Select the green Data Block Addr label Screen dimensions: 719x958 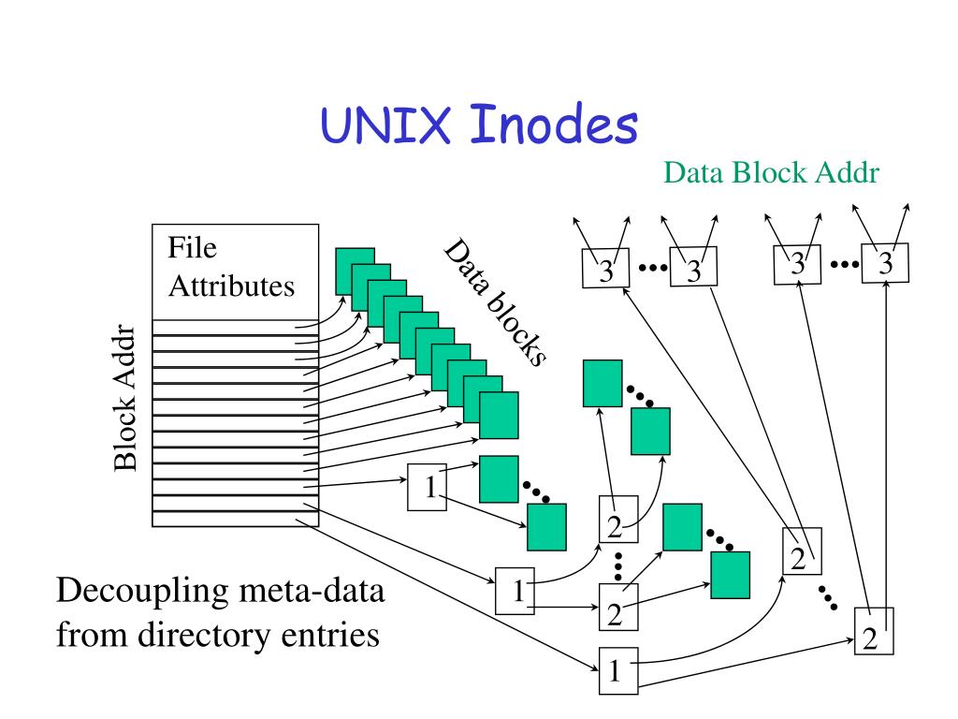772,173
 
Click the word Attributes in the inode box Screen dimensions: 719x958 231,286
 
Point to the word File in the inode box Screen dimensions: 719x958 192,249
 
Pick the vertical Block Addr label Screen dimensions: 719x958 126,398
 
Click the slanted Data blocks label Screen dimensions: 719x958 494,302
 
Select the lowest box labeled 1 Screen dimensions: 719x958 615,669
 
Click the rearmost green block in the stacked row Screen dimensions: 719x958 355,269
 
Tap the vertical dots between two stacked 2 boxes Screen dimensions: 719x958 618,565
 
